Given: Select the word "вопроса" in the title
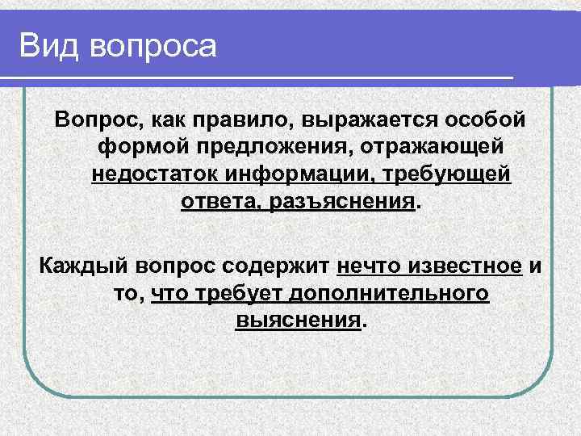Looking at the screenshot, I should click(154, 47).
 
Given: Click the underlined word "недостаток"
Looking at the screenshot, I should click(155, 174).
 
